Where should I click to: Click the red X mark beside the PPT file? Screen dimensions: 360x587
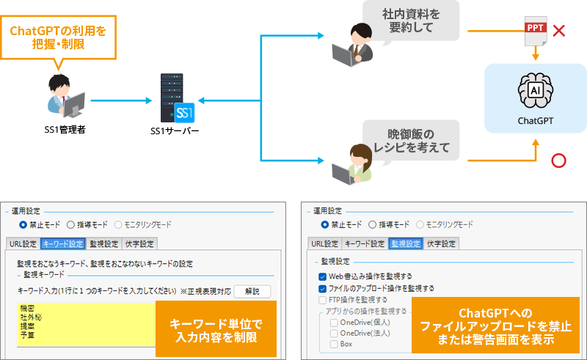558,31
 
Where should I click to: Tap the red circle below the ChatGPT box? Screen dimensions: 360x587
560,160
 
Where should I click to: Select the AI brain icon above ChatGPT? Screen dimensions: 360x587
536,89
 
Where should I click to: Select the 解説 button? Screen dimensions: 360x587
253,291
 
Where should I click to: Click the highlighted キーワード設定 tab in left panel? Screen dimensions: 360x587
64,243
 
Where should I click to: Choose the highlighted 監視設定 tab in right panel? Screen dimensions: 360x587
406,243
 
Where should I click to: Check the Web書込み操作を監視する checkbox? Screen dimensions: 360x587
323,276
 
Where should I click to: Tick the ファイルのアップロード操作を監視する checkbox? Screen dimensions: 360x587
323,288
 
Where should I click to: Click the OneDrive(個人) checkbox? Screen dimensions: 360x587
334,322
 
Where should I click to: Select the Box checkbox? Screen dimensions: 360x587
334,343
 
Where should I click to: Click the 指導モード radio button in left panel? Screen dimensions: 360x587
70,224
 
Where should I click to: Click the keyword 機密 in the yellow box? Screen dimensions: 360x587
27,309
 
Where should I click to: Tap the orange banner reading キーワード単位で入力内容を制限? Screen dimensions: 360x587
216,328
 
